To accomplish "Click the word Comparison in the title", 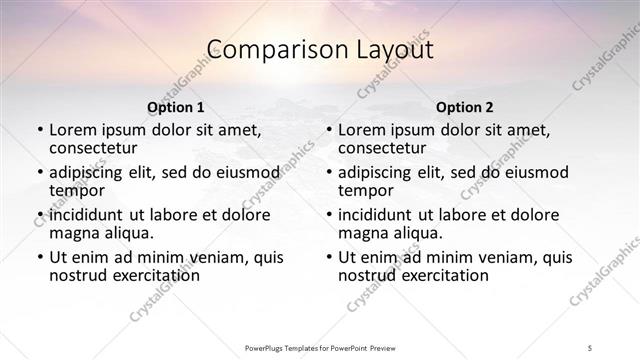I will coord(265,49).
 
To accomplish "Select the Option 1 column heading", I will coord(175,107).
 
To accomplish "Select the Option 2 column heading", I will coord(464,107).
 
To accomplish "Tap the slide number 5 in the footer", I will coord(591,347).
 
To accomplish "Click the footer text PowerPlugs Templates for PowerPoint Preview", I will coord(319,347).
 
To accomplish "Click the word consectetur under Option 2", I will coord(383,148).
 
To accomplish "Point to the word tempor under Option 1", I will coord(75,190).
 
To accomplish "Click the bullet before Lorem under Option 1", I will coord(39,131).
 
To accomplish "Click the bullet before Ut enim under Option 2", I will coord(328,257).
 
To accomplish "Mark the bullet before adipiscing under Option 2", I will coord(328,173).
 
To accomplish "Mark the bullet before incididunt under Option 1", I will coord(39,215).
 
